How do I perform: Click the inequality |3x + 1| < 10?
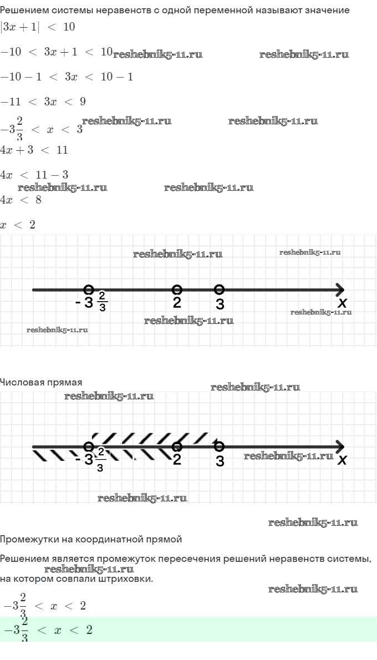tap(37, 27)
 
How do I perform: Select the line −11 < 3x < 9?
tap(43, 101)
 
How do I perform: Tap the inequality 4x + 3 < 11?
tap(34, 150)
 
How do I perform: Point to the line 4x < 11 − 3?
tap(34, 175)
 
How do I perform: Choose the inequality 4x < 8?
tap(21, 200)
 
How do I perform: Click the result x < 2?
tap(18, 225)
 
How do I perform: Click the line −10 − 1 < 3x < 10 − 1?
tap(67, 77)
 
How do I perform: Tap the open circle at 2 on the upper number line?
tap(177, 290)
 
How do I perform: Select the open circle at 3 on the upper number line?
tap(219, 290)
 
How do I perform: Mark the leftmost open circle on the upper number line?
tap(88, 290)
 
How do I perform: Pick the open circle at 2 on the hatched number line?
tap(177, 446)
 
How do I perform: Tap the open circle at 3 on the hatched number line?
tap(219, 446)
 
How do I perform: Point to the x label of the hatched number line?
tap(343, 460)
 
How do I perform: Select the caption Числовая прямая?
tap(41, 382)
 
